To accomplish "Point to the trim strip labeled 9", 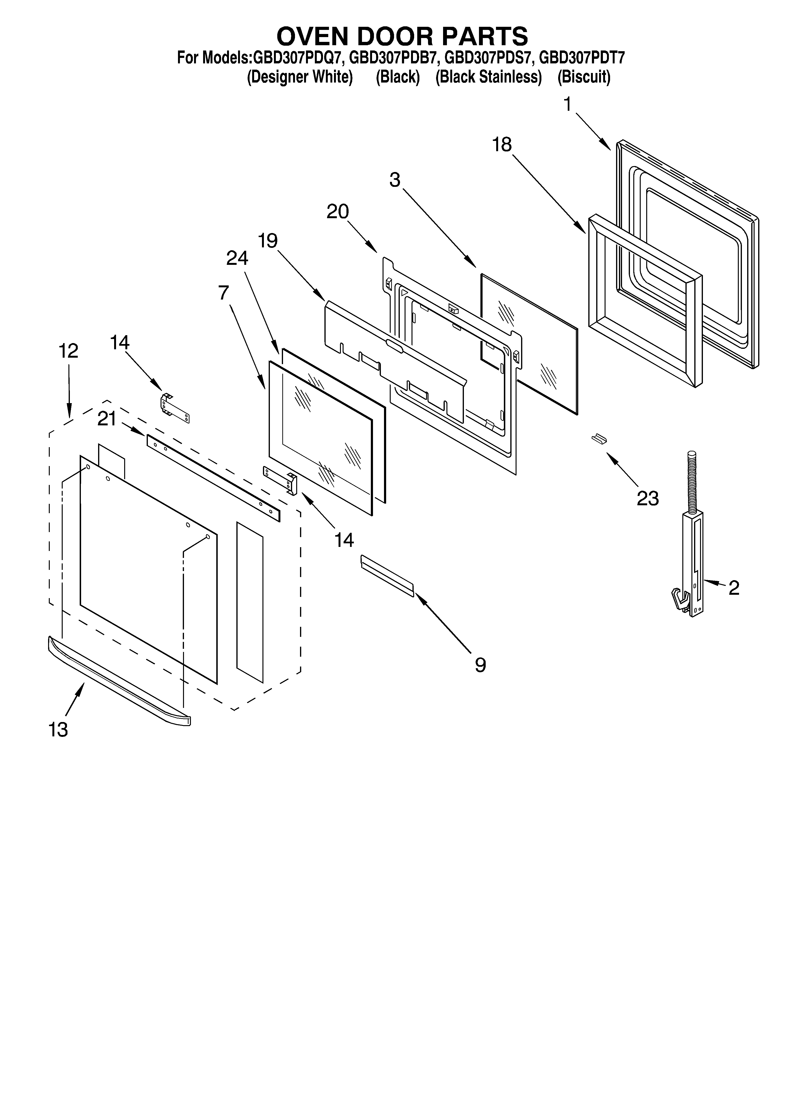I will pos(387,575).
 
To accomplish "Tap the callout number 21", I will pos(107,418).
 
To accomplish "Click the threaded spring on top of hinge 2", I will pos(692,480).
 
